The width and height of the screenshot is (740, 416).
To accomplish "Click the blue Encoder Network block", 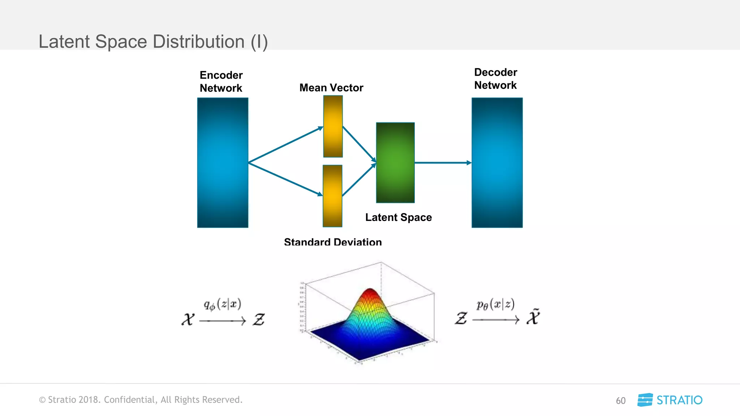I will [223, 162].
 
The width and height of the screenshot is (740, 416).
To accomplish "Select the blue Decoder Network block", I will [497, 162].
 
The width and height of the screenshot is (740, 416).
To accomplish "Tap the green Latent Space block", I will [395, 162].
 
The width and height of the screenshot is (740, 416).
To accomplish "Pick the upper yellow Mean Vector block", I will [333, 126].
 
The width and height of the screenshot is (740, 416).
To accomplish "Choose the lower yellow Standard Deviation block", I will [332, 196].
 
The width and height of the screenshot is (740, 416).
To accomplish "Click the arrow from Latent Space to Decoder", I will [443, 163].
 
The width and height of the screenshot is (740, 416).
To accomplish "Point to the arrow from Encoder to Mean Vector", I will [285, 145].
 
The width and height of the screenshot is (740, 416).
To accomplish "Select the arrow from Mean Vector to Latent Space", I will [359, 144].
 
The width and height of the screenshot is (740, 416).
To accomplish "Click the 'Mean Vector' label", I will [331, 88].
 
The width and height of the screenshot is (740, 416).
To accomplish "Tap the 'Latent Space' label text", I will [399, 217].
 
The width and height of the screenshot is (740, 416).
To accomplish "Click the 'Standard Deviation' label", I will [333, 242].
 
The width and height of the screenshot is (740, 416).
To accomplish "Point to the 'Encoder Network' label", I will [221, 82].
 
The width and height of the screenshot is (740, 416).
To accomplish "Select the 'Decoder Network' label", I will [495, 79].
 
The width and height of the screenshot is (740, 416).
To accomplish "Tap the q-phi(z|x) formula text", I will [223, 304].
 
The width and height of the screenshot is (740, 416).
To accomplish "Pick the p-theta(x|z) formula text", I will [495, 304].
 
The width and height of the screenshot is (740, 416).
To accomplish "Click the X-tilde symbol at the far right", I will [533, 317].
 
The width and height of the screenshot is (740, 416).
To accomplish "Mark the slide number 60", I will [620, 400].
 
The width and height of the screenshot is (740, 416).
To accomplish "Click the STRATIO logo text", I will [679, 400].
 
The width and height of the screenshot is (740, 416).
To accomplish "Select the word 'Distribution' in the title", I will [199, 42].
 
